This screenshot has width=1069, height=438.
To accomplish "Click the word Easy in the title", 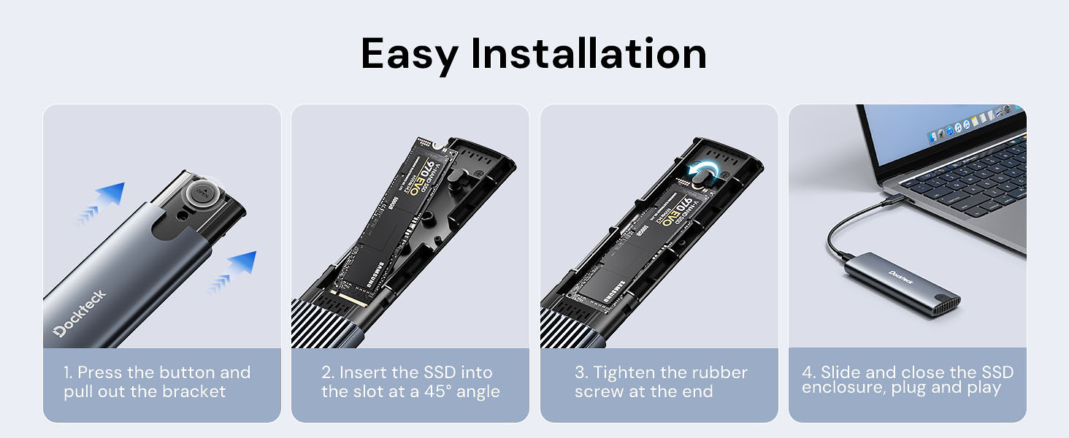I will click(x=409, y=55).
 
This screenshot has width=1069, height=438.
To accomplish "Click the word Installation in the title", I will click(x=589, y=53).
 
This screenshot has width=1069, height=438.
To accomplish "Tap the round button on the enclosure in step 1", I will click(x=202, y=194).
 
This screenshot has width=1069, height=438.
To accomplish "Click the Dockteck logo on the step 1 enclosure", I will click(x=80, y=313).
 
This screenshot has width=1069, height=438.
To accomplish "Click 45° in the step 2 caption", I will click(x=437, y=391).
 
